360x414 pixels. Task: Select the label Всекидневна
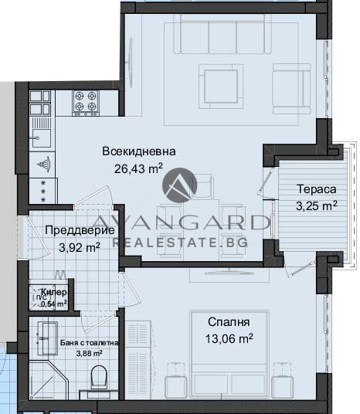(139, 151)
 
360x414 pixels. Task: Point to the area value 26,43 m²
(139, 169)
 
